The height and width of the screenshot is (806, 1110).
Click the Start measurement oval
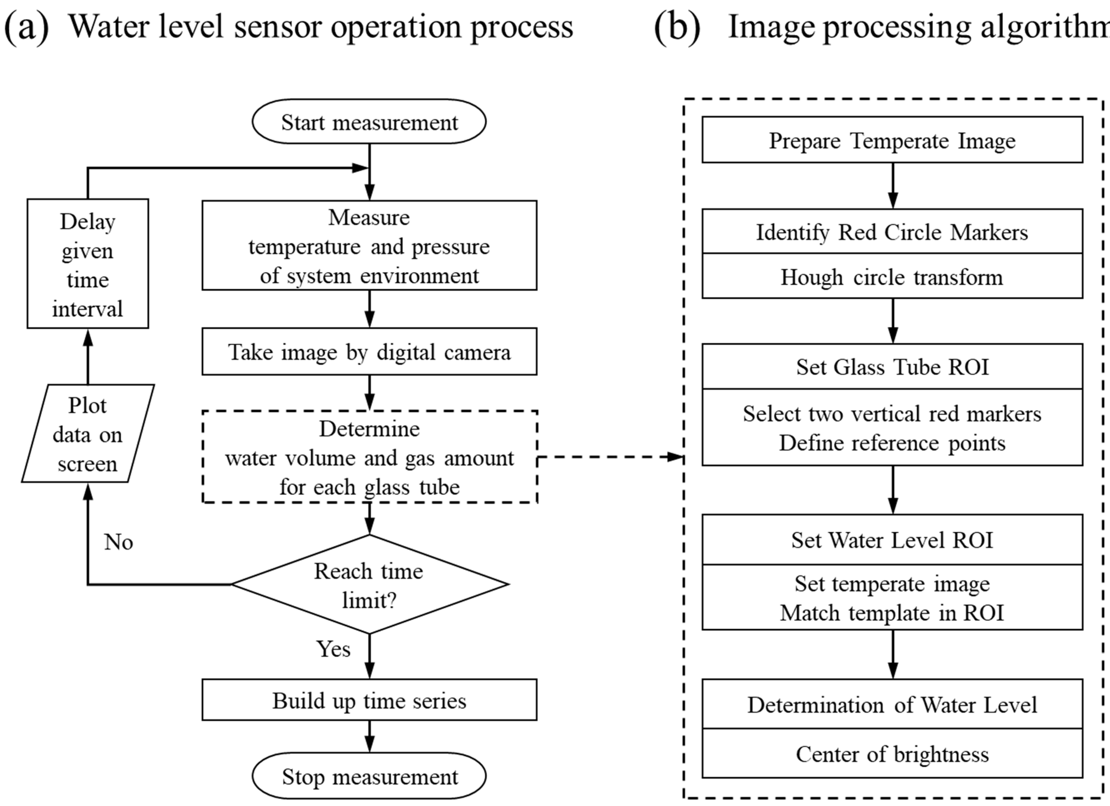tap(369, 122)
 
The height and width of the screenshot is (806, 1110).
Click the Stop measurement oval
tap(369, 777)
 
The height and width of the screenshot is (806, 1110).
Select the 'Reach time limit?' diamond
tap(369, 584)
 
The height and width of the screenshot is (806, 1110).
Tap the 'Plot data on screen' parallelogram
tap(88, 434)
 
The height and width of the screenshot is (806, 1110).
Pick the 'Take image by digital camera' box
tap(369, 352)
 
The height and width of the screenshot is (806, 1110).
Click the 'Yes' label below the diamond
tap(333, 649)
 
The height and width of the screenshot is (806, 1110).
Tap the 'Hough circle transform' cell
tap(892, 277)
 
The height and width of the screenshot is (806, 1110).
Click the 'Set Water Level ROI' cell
tap(892, 540)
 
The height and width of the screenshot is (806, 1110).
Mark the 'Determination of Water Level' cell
tap(892, 705)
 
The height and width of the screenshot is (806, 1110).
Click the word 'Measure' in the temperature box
tap(369, 217)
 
